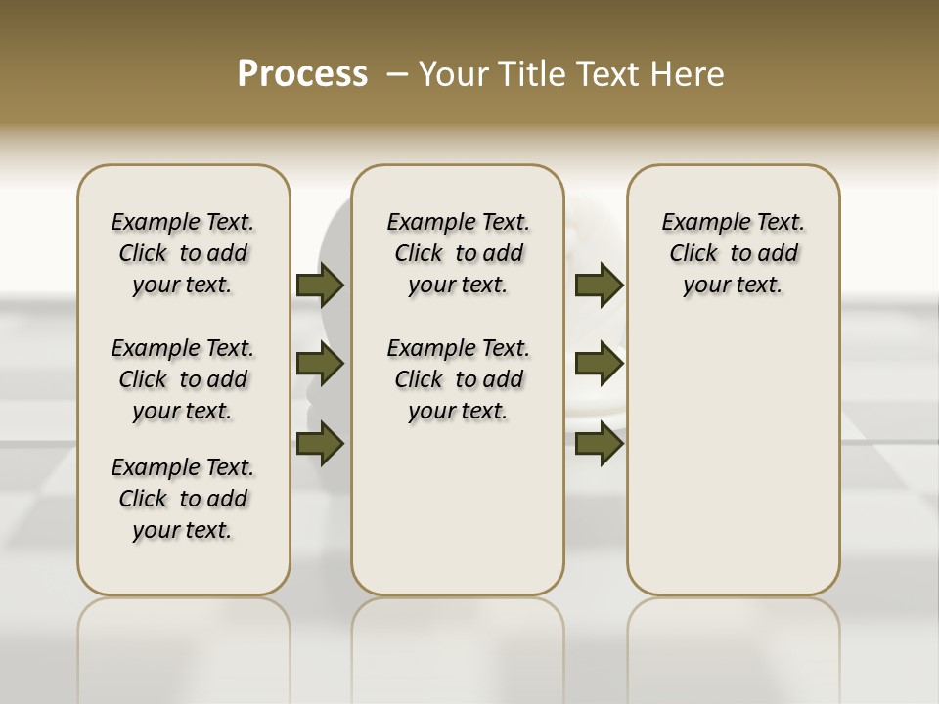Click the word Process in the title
pyautogui.click(x=302, y=74)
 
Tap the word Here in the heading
pyautogui.click(x=689, y=74)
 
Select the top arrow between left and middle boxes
pyautogui.click(x=320, y=285)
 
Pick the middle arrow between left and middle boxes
pyautogui.click(x=320, y=364)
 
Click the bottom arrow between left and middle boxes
pyautogui.click(x=320, y=444)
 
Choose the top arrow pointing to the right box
pyautogui.click(x=599, y=285)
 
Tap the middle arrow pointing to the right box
pyautogui.click(x=599, y=364)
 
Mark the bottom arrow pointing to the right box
pyautogui.click(x=599, y=444)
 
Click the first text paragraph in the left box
pyautogui.click(x=183, y=253)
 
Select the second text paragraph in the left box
pyautogui.click(x=183, y=379)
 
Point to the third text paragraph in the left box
pyautogui.click(x=183, y=499)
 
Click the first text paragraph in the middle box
pyautogui.click(x=459, y=253)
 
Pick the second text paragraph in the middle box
pyautogui.click(x=459, y=379)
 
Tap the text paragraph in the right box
pyautogui.click(x=734, y=253)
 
